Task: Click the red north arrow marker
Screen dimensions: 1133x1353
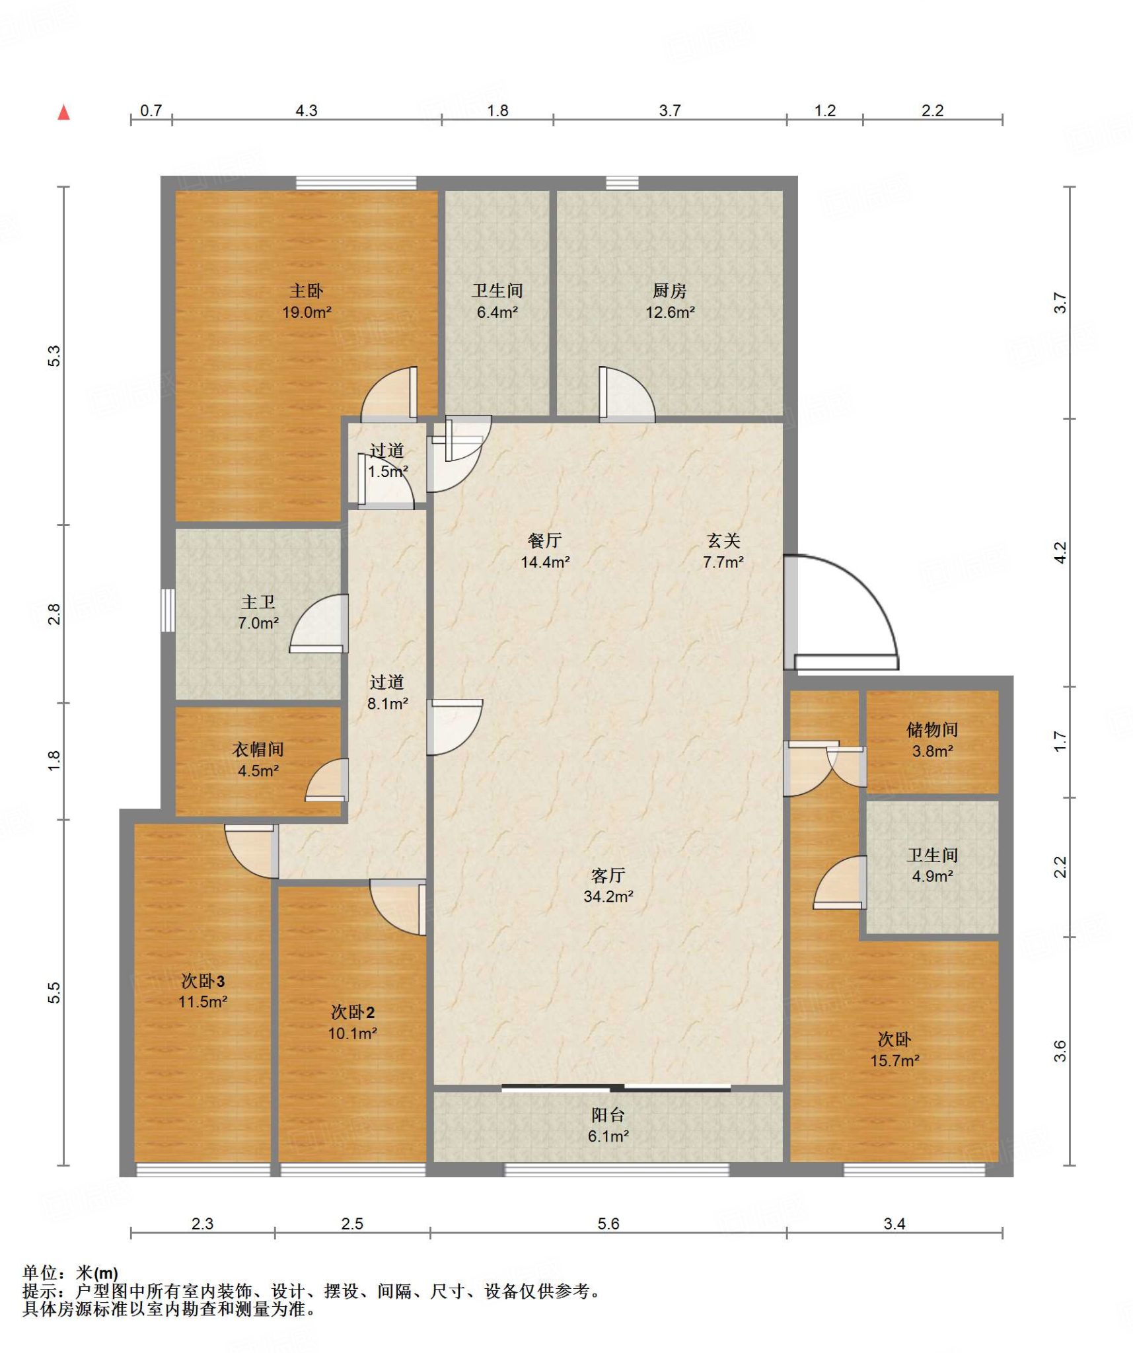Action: (64, 112)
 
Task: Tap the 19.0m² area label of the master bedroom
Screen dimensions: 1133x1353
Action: (307, 312)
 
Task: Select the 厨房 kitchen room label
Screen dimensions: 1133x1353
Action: (669, 291)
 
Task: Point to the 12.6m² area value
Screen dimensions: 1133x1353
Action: (670, 312)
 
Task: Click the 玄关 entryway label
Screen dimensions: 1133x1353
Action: (723, 541)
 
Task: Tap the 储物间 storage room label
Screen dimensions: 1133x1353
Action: (932, 730)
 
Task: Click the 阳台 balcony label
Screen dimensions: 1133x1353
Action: (608, 1115)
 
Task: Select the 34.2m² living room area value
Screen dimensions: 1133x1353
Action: (608, 896)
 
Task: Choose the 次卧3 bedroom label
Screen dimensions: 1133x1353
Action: (203, 981)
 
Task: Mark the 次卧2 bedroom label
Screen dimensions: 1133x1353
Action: (353, 1012)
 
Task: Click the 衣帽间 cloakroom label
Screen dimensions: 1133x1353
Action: (258, 749)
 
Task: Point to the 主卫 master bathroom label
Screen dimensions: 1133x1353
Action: (258, 602)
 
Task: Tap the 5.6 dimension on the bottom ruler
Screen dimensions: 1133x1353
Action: (608, 1224)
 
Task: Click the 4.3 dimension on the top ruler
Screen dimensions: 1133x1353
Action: (307, 111)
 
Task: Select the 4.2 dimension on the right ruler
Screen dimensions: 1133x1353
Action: (1060, 553)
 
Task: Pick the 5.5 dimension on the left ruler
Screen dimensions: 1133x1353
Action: (54, 994)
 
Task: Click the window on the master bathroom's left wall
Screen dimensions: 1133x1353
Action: (168, 610)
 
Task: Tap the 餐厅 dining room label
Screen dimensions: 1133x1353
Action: (545, 541)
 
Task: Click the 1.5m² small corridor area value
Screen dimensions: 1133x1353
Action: (388, 472)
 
